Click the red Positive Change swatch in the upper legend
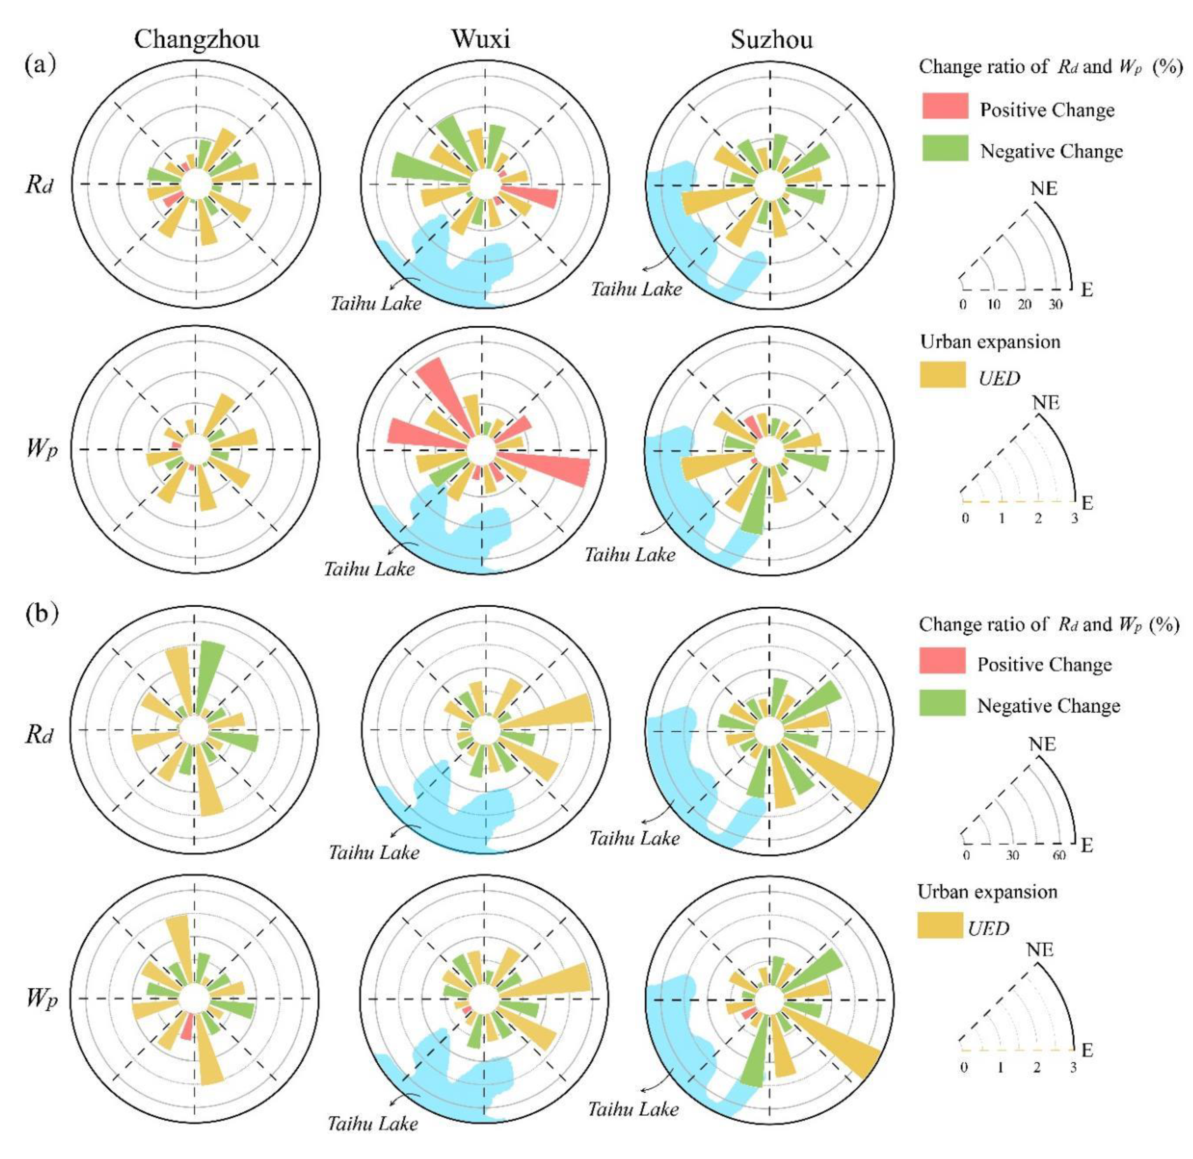coord(945,106)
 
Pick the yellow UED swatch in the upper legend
coord(942,374)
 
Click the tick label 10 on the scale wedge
coord(993,304)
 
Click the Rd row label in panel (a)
coord(39,184)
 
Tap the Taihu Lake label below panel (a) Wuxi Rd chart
coord(376,302)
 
